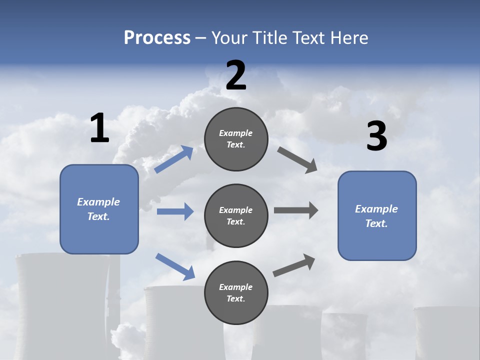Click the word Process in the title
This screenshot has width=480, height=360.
click(157, 37)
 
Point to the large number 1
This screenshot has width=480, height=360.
click(99, 128)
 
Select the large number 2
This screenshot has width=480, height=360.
click(236, 75)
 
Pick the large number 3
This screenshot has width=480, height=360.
click(376, 136)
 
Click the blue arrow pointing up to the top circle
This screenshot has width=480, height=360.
click(174, 159)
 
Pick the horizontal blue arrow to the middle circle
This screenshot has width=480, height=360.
click(175, 211)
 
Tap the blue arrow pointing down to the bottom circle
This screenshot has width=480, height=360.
click(175, 266)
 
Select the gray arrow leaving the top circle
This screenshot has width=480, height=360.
click(297, 159)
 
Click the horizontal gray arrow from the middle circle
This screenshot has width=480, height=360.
click(295, 210)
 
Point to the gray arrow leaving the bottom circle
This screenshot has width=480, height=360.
click(294, 265)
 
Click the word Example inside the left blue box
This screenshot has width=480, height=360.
click(98, 202)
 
